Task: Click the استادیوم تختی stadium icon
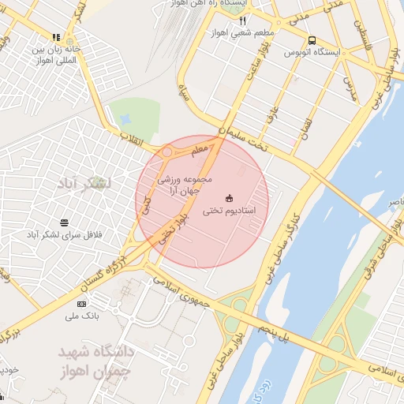pos(230,196)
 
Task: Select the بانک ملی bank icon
pos(82,304)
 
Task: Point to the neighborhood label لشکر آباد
pos(85,183)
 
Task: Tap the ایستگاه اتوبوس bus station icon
pos(313,40)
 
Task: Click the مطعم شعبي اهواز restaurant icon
pos(242,21)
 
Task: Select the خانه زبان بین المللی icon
pos(56,37)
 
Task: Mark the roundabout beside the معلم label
pos(167,152)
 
